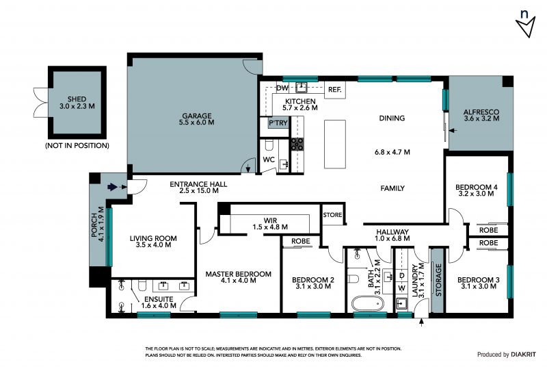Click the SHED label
tap(77, 99)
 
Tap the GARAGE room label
tap(197, 116)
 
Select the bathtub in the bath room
tap(367, 304)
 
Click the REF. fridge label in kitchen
tap(334, 90)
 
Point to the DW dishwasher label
tap(282, 88)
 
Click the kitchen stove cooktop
tap(297, 144)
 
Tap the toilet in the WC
tap(269, 144)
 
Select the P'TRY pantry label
tap(278, 123)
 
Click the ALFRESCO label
tap(481, 112)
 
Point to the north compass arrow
tap(525, 27)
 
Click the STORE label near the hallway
tap(332, 215)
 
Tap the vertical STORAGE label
tap(438, 280)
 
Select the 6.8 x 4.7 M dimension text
tap(392, 152)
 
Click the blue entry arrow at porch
tap(112, 188)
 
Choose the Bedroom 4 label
tap(476, 188)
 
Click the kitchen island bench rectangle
tap(335, 144)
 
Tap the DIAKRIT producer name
tap(524, 355)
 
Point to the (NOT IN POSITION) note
tap(77, 145)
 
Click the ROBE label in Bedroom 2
tap(301, 241)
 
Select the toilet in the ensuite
tap(142, 284)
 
